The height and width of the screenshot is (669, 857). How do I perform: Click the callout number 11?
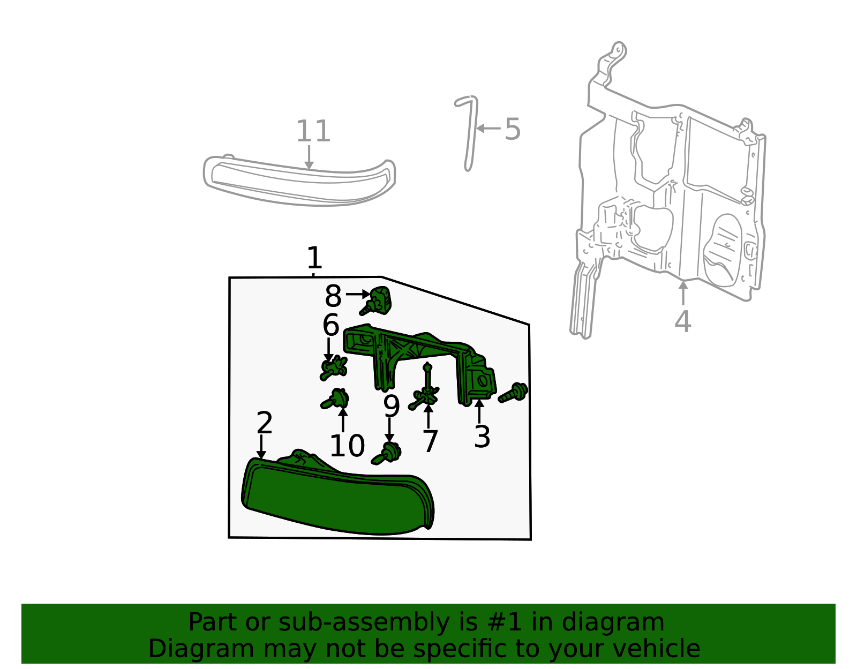313,131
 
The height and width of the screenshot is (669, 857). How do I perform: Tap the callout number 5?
513,129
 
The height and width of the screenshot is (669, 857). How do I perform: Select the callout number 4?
682,321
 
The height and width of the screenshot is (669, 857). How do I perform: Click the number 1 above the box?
314,258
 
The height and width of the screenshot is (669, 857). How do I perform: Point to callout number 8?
333,296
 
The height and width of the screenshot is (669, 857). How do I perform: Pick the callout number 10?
347,446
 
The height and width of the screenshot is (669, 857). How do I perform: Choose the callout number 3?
482,437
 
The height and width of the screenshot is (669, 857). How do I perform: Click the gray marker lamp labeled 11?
300,182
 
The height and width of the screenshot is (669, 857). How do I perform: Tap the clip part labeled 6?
333,369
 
